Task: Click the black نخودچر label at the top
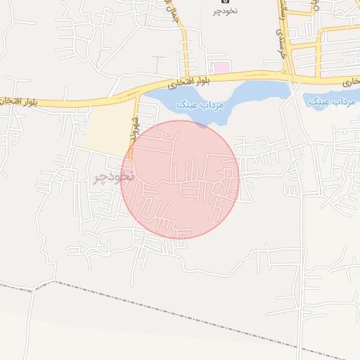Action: (x=226, y=12)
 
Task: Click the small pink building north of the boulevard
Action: (x=221, y=67)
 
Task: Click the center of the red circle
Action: (x=180, y=179)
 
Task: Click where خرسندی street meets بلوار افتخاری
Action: (x=287, y=73)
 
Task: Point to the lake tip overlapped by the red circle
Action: (x=202, y=124)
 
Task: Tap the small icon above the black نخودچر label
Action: (x=225, y=2)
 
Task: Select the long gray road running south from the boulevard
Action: (x=301, y=211)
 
